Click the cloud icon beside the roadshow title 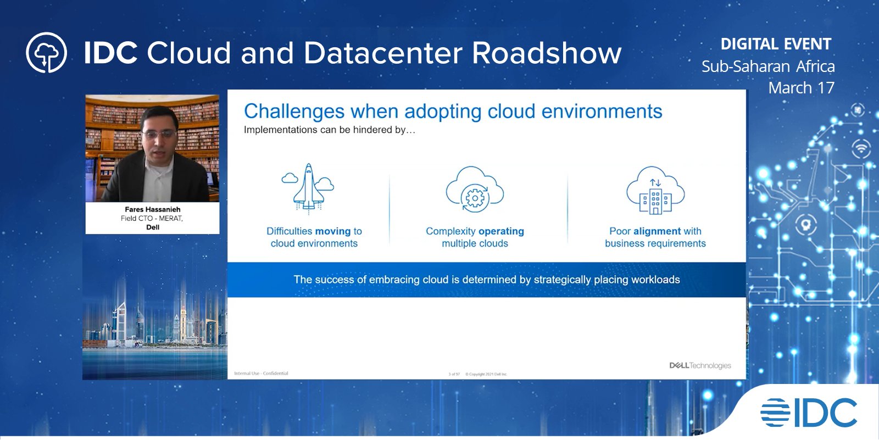(47, 53)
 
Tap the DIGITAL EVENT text (776, 44)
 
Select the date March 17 (801, 88)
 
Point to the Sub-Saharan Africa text (768, 66)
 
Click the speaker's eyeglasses (159, 133)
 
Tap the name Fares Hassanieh (152, 209)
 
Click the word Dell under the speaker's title (153, 227)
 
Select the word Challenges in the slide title (294, 112)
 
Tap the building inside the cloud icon (655, 200)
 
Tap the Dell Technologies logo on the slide (700, 365)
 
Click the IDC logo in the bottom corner (809, 413)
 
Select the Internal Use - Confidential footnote (261, 374)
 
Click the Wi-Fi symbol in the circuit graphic (861, 148)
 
